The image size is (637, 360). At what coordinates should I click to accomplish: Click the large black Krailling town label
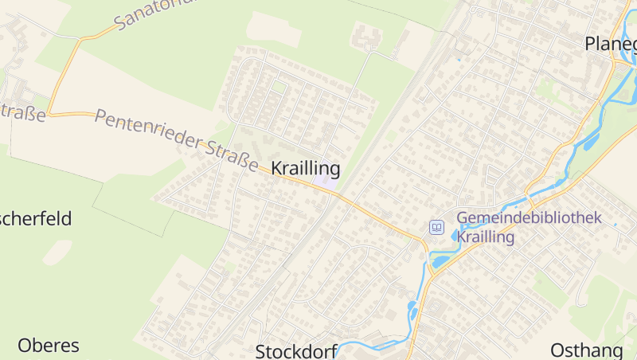(306, 169)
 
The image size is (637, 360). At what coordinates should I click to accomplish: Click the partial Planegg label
(610, 44)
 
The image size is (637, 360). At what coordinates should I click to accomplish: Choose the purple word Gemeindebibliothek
(529, 218)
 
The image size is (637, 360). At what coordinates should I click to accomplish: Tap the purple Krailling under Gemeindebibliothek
(486, 237)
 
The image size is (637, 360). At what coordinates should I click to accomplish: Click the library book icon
(436, 228)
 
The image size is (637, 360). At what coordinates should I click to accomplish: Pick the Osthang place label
(586, 350)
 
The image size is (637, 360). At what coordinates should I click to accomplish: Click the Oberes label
(49, 346)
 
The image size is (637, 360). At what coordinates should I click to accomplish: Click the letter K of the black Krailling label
(278, 169)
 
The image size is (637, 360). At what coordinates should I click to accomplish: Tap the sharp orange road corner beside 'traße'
(49, 113)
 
